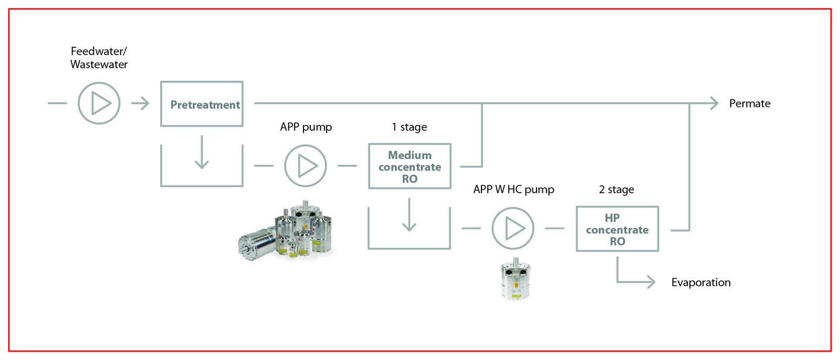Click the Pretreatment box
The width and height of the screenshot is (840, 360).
tap(202, 104)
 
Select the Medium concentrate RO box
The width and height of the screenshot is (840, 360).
tap(409, 166)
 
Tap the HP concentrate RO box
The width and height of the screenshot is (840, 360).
tap(617, 229)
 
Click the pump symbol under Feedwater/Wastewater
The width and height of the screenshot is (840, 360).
tap(99, 103)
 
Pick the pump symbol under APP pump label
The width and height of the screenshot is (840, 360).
tap(306, 166)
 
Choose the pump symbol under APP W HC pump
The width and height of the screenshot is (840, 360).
tap(513, 228)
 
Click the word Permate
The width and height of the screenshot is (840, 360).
tap(749, 103)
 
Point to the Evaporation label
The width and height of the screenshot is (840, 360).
tap(700, 282)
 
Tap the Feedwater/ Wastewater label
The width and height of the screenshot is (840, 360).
tap(99, 58)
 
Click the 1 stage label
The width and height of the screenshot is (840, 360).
tap(409, 127)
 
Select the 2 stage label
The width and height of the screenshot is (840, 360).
tap(616, 189)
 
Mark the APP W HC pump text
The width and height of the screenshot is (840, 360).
tap(513, 189)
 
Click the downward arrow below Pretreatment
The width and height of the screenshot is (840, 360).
tap(202, 152)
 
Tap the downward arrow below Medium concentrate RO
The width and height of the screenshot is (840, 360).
tap(409, 215)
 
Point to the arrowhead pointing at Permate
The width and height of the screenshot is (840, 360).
tap(713, 103)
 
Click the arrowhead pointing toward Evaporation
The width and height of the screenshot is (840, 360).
tap(651, 282)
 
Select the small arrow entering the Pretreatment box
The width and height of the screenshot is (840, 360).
tap(140, 103)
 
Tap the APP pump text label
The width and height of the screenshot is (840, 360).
tap(306, 127)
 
